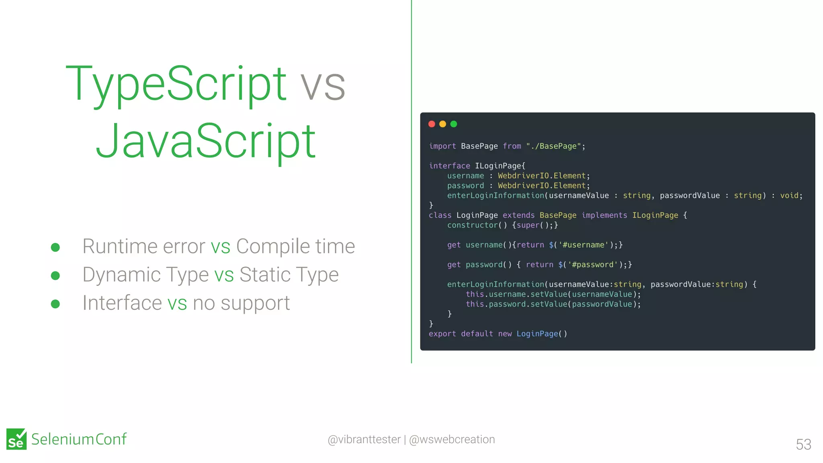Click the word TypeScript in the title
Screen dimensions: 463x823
pyautogui.click(x=176, y=84)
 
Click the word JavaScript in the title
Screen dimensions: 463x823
pyautogui.click(x=205, y=141)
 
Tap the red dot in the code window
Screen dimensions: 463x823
pyautogui.click(x=432, y=124)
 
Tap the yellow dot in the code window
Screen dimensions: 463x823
pyautogui.click(x=442, y=124)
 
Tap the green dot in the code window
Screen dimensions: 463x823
pyautogui.click(x=454, y=124)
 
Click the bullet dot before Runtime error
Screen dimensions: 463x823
pyautogui.click(x=55, y=247)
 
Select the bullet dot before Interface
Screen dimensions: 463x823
pyautogui.click(x=55, y=304)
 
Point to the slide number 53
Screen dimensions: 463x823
pyautogui.click(x=803, y=445)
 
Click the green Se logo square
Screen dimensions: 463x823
pyautogui.click(x=16, y=439)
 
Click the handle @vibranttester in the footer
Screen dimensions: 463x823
pyautogui.click(x=364, y=439)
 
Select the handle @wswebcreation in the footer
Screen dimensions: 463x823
pyautogui.click(x=452, y=439)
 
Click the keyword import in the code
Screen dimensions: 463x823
pyautogui.click(x=442, y=146)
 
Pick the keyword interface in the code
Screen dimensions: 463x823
pyautogui.click(x=449, y=166)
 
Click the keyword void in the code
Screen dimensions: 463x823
pyautogui.click(x=789, y=196)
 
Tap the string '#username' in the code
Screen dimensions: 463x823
pyautogui.click(x=583, y=245)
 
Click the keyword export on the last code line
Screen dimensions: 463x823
pyautogui.click(x=442, y=334)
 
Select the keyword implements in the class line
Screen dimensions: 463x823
pyautogui.click(x=604, y=215)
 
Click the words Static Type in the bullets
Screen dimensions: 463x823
pyautogui.click(x=289, y=275)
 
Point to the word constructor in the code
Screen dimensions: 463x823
pyautogui.click(x=472, y=225)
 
